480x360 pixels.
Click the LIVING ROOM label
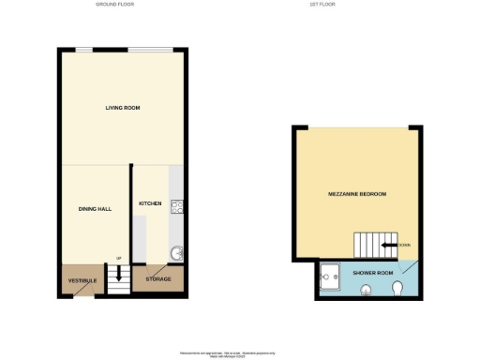pyautogui.click(x=123, y=109)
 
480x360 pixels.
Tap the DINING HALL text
pyautogui.click(x=95, y=209)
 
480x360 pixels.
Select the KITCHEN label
pyautogui.click(x=151, y=203)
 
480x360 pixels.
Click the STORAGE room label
pyautogui.click(x=157, y=278)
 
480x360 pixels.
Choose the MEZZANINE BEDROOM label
pyautogui.click(x=356, y=194)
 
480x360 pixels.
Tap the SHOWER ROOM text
pyautogui.click(x=368, y=273)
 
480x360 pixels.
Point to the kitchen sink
pyautogui.click(x=175, y=252)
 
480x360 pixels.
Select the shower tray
pyautogui.click(x=329, y=277)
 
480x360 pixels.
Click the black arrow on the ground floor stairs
pyautogui.click(x=119, y=275)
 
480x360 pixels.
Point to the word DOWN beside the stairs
pyautogui.click(x=404, y=247)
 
